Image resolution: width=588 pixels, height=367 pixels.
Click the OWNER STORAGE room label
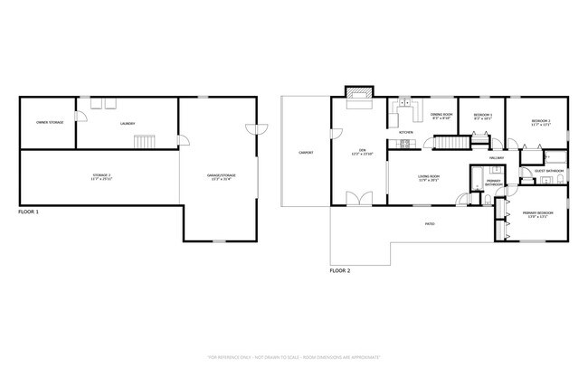click(x=50, y=121)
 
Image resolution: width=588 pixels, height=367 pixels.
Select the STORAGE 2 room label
click(x=102, y=176)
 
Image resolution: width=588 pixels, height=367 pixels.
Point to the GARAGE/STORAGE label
click(x=219, y=176)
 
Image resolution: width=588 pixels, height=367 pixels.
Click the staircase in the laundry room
click(x=146, y=142)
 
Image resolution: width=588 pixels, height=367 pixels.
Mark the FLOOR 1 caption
click(x=28, y=212)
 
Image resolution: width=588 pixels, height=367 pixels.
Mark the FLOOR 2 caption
click(x=339, y=269)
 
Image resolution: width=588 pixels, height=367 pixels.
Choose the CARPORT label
click(x=307, y=153)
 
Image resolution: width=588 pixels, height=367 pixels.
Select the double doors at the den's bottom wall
click(x=360, y=200)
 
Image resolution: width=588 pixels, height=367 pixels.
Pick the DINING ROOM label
click(x=441, y=116)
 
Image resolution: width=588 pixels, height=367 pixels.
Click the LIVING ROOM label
click(x=428, y=178)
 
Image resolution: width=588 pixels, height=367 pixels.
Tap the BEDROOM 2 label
click(x=541, y=121)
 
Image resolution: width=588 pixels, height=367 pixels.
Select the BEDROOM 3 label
click(x=484, y=117)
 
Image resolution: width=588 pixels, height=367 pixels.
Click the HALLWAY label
click(x=497, y=157)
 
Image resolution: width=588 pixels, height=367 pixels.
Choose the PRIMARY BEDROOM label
click(x=537, y=213)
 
